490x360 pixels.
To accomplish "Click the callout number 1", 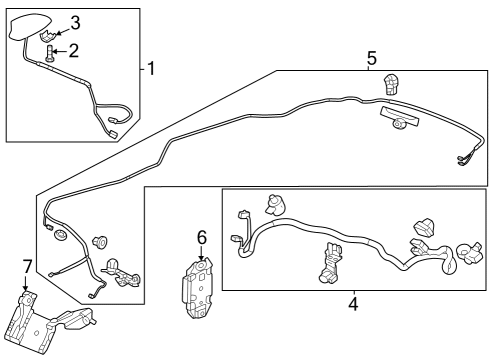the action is click(x=151, y=68).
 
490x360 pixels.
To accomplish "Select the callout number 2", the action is click(x=74, y=51).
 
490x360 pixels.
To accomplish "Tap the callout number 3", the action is click(x=75, y=23).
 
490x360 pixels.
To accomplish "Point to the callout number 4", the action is click(x=353, y=304).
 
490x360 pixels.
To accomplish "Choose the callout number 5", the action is click(x=372, y=58).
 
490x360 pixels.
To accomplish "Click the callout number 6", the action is click(x=202, y=237).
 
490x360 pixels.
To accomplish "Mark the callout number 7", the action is click(x=27, y=267).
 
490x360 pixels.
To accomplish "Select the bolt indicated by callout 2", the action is click(x=49, y=53).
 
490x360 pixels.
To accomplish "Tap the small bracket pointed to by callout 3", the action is click(x=48, y=36).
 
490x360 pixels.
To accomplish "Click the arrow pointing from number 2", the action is click(x=60, y=51).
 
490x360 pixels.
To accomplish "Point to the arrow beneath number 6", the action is click(x=201, y=253).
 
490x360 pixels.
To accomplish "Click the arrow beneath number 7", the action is click(x=25, y=283).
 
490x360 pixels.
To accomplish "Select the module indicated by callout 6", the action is click(x=197, y=288).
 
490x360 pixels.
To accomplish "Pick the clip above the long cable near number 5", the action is click(x=392, y=84).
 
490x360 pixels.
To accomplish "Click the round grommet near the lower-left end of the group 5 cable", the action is click(x=60, y=235).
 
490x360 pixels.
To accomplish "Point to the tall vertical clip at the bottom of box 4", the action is click(x=330, y=263).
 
